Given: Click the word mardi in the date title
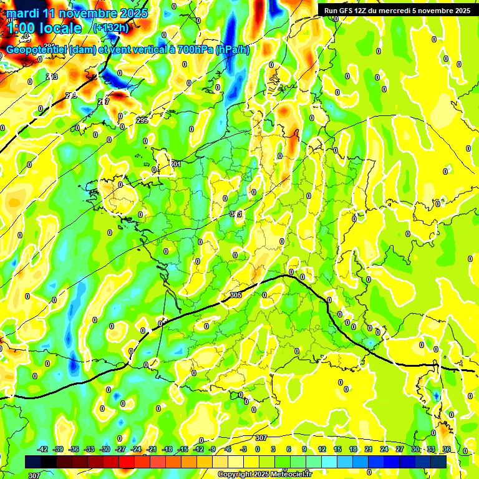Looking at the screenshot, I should [24, 13].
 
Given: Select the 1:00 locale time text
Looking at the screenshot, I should [44, 28].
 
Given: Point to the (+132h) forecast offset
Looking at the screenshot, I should [110, 27].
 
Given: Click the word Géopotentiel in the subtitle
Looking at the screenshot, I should [37, 50].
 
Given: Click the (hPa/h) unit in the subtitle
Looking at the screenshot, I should [232, 50].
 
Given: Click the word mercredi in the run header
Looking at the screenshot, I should [398, 10].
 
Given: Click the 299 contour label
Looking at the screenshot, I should [142, 120].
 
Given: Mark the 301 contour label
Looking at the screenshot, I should [175, 164].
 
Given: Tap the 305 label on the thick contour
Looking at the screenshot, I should [235, 295].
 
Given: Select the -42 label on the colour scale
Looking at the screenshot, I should [42, 449].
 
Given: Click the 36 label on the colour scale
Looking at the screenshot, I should [447, 449].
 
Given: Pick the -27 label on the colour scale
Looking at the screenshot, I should [120, 449].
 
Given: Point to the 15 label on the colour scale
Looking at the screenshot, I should [337, 449].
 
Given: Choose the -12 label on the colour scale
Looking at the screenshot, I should [198, 449].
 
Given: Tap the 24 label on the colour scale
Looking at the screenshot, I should [384, 449].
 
